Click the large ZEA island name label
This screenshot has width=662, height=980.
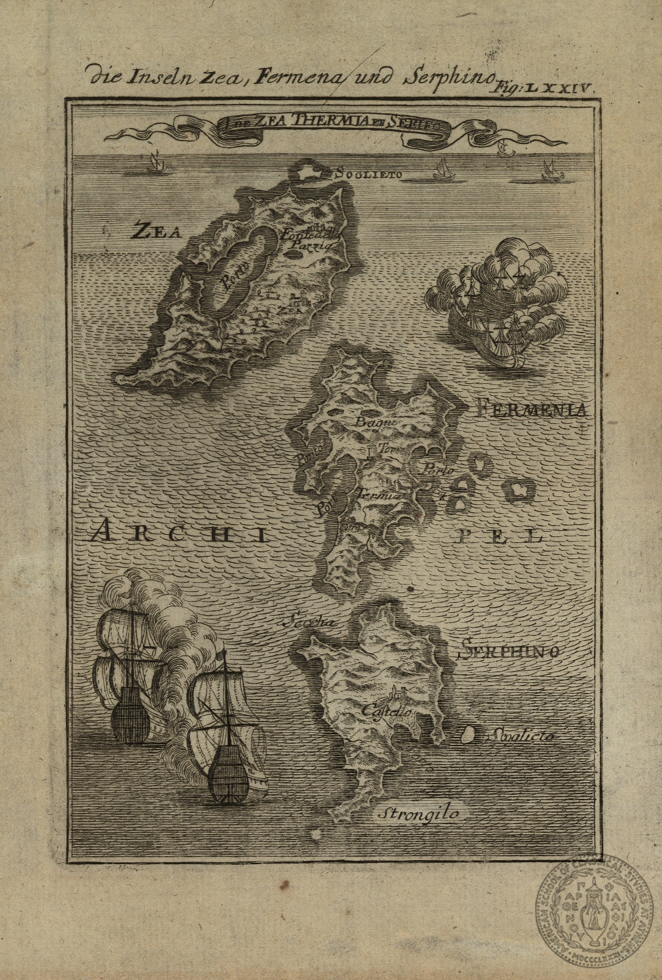(x=157, y=231)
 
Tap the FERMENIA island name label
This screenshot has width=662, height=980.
(x=533, y=410)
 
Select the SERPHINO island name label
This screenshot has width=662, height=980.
(x=509, y=650)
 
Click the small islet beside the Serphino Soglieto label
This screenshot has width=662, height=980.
(x=468, y=735)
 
